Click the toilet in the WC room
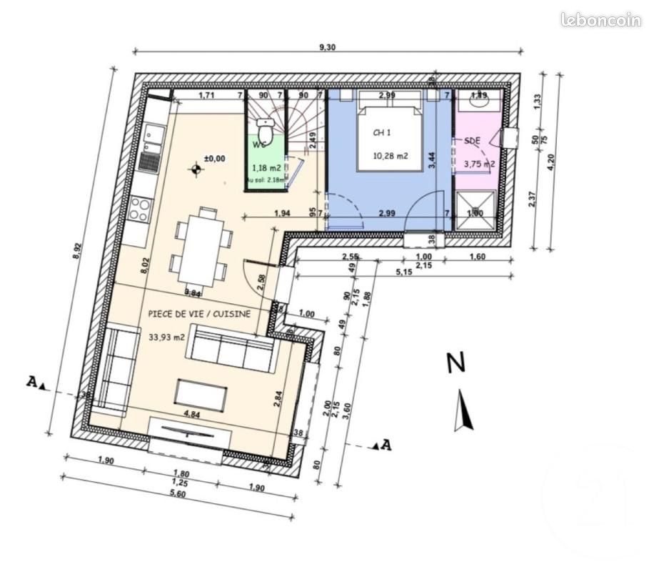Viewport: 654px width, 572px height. click(x=266, y=130)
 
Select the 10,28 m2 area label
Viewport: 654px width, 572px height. click(x=390, y=157)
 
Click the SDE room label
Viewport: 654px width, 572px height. click(x=472, y=141)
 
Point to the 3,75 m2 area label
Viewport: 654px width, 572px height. click(x=479, y=164)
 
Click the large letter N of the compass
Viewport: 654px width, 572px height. click(x=456, y=363)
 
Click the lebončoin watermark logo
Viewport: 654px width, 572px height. click(x=600, y=21)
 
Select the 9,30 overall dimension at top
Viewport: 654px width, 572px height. click(x=326, y=47)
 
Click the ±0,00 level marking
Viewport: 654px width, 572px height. click(x=214, y=158)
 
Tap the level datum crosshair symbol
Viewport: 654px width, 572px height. click(x=195, y=169)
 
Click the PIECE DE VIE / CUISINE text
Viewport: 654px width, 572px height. click(x=199, y=313)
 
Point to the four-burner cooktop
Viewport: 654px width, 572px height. click(x=139, y=209)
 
